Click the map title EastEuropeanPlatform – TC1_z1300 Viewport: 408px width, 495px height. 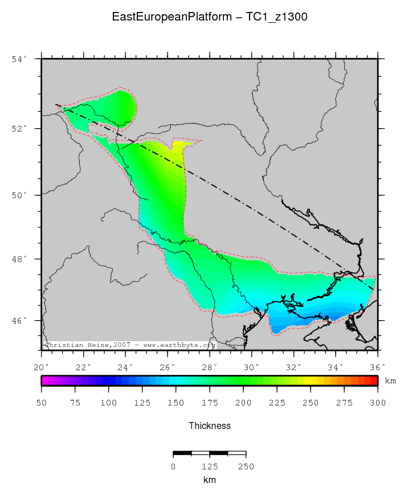click(210, 17)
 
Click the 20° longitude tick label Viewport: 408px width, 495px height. click(42, 366)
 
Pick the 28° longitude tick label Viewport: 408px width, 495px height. click(210, 366)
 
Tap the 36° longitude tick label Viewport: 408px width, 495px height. click(378, 366)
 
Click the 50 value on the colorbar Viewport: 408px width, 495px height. click(42, 403)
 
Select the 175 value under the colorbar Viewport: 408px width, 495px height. click(210, 403)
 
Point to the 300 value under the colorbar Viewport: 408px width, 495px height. click(378, 403)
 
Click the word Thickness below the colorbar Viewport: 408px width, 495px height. click(210, 426)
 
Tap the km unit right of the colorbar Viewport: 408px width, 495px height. click(390, 381)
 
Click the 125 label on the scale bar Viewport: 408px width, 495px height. click(210, 467)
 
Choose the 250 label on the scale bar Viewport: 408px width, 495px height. click(246, 467)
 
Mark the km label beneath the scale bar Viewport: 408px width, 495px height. click(210, 480)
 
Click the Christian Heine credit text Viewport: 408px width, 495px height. click(129, 345)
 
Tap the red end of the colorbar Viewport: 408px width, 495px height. click(374, 381)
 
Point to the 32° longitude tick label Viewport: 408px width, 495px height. click(293, 366)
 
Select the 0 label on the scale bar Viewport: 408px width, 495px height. click(173, 467)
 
